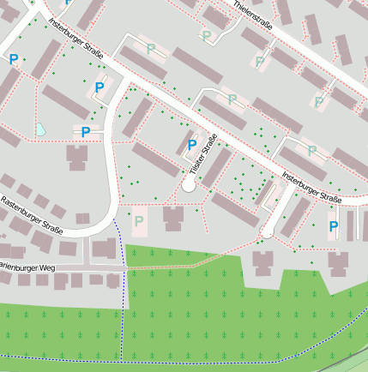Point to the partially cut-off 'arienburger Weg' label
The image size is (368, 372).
click(x=27, y=267)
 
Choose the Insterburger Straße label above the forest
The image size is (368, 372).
click(x=311, y=188)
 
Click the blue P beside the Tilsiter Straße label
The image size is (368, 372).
click(x=191, y=145)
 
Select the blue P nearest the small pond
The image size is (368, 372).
click(x=84, y=131)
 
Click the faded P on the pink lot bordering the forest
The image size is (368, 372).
click(x=139, y=221)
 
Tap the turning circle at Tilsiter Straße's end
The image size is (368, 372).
click(x=189, y=185)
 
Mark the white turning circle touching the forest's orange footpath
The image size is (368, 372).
click(x=267, y=231)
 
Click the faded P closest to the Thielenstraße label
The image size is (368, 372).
click(x=206, y=36)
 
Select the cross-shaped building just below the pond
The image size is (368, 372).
click(x=76, y=157)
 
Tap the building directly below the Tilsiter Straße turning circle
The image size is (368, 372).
click(x=174, y=218)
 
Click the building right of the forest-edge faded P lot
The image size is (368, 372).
click(x=174, y=218)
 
